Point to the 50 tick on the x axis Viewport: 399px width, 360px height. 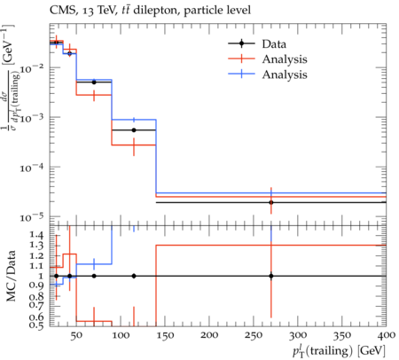(x=76, y=336)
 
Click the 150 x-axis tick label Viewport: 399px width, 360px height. (x=165, y=336)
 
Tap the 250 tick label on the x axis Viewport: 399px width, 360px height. (x=254, y=336)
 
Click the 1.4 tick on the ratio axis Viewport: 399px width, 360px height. (x=36, y=235)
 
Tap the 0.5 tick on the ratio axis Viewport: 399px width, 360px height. (x=36, y=325)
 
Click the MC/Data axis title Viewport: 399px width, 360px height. (x=11, y=276)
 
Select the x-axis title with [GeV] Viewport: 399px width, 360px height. (x=339, y=351)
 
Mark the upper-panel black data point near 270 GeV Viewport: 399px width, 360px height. (x=271, y=202)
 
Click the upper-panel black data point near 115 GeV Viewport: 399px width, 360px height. (x=134, y=130)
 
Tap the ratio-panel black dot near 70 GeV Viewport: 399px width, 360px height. (x=94, y=276)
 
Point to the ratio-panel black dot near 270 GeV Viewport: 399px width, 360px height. (x=271, y=276)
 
